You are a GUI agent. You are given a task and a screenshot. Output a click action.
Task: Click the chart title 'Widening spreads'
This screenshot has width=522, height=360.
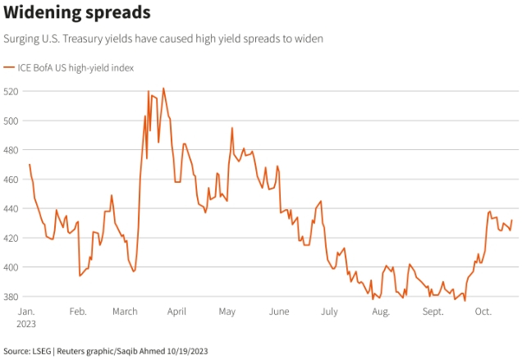[76, 13]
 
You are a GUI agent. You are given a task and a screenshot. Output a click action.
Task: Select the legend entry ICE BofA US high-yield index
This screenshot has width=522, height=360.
[75, 67]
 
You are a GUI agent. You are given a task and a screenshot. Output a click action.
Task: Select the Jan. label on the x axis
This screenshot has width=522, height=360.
[27, 312]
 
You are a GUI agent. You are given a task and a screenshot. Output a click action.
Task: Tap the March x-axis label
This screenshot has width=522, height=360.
[126, 312]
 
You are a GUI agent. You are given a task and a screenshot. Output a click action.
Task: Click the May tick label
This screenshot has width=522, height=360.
[227, 312]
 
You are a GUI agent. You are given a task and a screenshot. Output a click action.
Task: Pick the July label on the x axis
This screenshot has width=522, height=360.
[330, 312]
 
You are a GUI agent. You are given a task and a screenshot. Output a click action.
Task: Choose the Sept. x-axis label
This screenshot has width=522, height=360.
[433, 312]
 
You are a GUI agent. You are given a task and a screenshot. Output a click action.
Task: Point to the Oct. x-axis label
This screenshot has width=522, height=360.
[483, 312]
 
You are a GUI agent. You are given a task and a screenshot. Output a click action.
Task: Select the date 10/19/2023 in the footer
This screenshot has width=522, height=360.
[185, 351]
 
